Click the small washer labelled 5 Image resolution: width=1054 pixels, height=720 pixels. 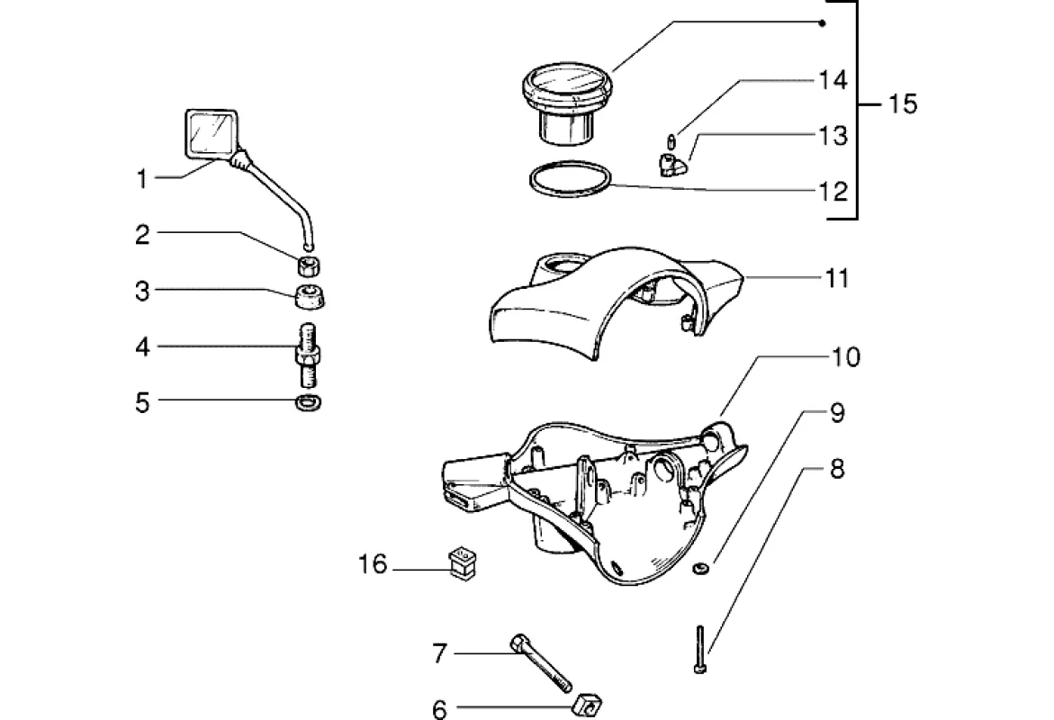310,401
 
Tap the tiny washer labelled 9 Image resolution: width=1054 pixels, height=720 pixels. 700,568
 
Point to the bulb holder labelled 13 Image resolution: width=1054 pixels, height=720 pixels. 669,165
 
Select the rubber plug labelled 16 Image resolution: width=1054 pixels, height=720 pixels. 462,562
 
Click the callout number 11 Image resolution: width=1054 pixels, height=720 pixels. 837,278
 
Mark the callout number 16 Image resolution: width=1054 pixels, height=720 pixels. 372,565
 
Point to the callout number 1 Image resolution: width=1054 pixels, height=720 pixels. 141,179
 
